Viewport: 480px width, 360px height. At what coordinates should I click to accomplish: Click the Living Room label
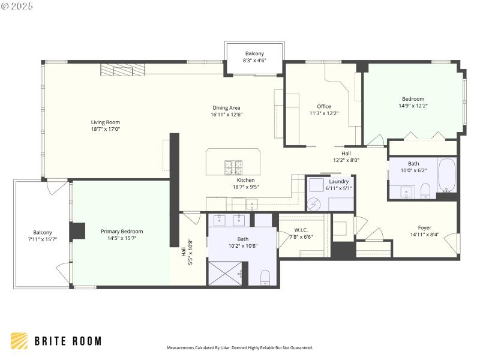click(105, 122)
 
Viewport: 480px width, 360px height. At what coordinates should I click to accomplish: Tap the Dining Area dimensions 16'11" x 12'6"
click(226, 115)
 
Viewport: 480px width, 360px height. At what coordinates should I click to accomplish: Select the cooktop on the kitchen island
click(233, 166)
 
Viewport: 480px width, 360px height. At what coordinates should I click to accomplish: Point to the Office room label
click(324, 106)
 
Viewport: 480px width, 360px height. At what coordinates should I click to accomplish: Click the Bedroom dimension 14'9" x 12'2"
click(413, 106)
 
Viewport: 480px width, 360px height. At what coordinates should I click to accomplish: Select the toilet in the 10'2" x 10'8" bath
click(266, 277)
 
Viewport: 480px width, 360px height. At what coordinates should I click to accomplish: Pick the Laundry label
click(339, 181)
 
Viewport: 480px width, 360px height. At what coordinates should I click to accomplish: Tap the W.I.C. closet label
click(301, 230)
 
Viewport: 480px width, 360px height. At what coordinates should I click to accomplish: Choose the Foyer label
click(425, 227)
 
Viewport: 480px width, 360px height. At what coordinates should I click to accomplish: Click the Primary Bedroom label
click(122, 231)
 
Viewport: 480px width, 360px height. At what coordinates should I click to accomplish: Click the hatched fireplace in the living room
click(123, 70)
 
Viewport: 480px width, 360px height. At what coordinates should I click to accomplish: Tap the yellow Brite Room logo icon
click(19, 341)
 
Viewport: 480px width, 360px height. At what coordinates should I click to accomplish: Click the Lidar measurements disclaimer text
click(239, 347)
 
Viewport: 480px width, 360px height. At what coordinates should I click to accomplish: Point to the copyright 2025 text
click(17, 5)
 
